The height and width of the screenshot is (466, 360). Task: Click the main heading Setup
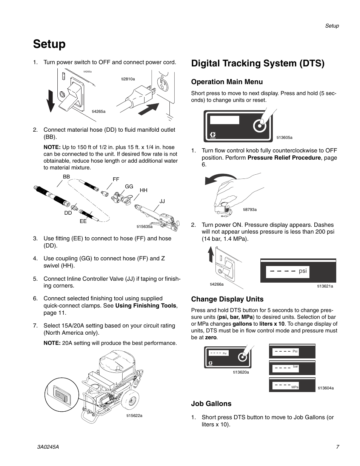(x=49, y=44)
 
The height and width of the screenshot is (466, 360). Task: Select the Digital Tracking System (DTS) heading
(x=258, y=63)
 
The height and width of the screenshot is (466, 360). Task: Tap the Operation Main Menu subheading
(x=227, y=82)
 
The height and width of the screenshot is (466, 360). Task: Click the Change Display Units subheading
(x=227, y=299)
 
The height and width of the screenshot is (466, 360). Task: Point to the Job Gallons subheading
(x=211, y=404)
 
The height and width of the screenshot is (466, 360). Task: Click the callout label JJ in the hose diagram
(x=162, y=201)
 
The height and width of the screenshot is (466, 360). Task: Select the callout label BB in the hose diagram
(x=66, y=177)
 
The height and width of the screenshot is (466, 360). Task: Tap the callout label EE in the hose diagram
(x=83, y=221)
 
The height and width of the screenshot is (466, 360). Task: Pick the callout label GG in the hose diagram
(x=129, y=186)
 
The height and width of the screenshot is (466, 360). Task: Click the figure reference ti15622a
(x=134, y=416)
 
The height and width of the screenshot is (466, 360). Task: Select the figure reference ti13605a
(x=285, y=138)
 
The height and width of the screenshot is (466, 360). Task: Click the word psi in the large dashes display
(x=303, y=271)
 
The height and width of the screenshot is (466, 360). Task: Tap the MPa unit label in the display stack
(x=295, y=388)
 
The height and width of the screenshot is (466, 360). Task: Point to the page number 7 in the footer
(x=337, y=447)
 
